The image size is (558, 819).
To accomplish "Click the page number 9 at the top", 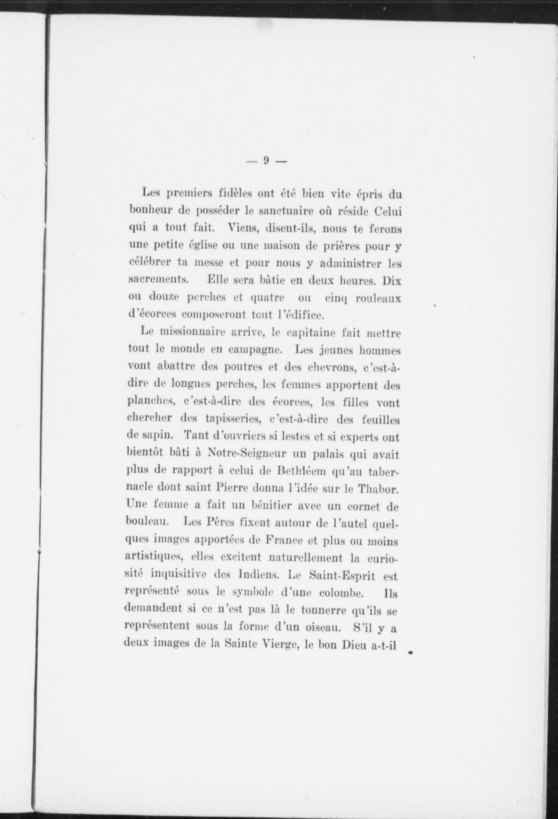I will [266, 161].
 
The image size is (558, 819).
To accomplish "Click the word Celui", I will [388, 212].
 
